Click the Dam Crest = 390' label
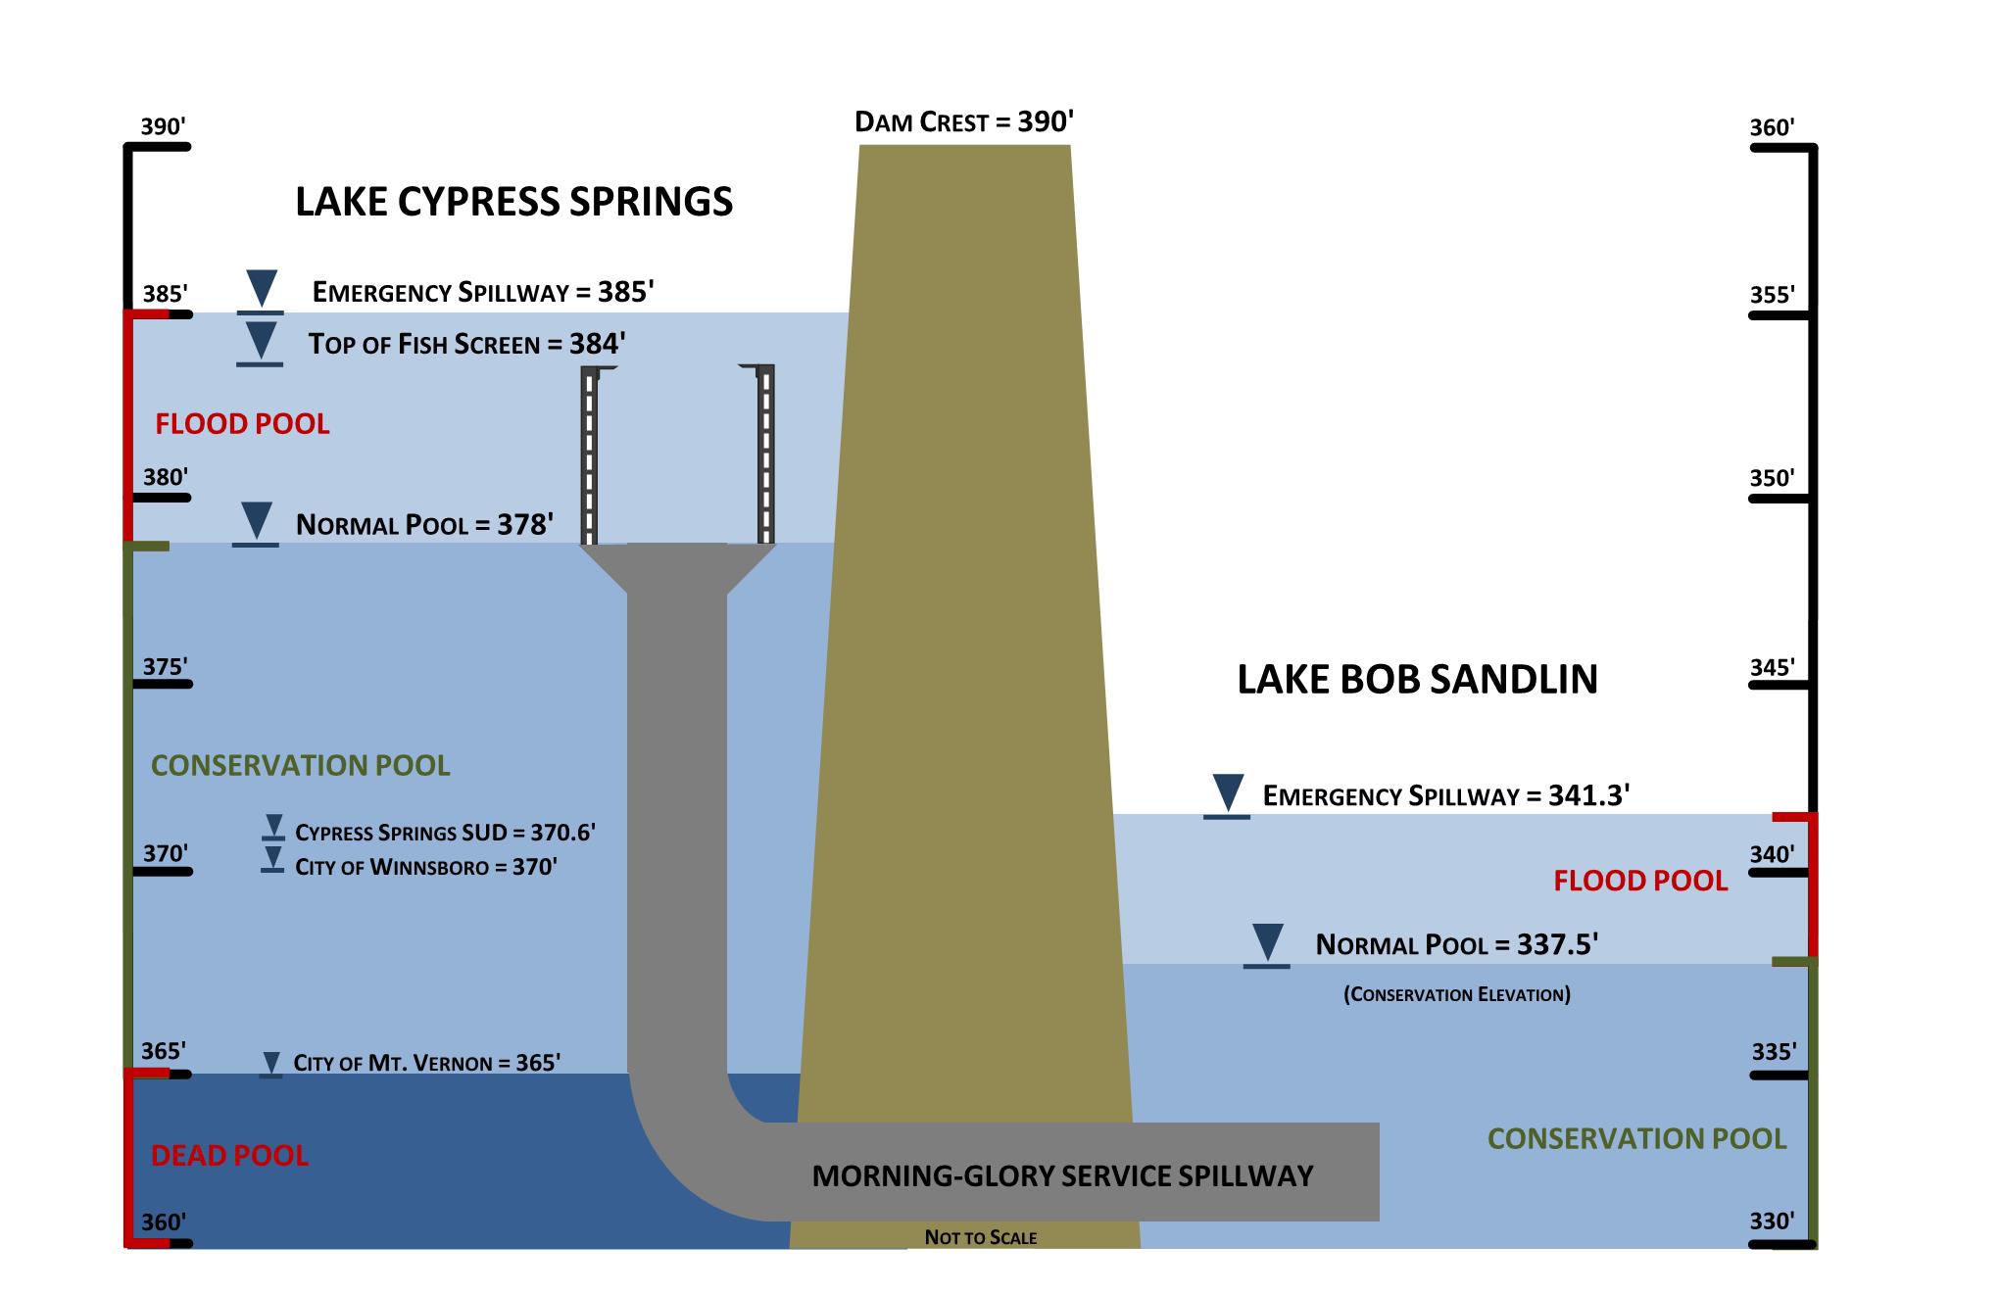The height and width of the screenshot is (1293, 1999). click(964, 122)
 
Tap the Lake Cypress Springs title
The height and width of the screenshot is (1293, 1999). click(513, 202)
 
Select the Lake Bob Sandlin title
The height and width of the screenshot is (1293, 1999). click(1417, 679)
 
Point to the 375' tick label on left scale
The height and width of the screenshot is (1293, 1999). click(165, 667)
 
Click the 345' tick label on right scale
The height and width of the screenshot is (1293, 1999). click(1773, 667)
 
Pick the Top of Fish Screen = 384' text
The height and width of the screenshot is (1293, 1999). click(466, 344)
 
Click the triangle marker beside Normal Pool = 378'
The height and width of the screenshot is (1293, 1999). click(257, 520)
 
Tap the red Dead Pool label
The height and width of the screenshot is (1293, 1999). click(229, 1156)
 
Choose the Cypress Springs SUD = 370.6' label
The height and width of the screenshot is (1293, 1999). click(446, 833)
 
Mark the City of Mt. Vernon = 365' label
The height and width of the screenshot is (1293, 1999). click(426, 1063)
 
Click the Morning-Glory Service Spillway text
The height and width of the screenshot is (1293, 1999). click(1062, 1175)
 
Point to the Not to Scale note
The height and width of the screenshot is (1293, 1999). click(980, 1237)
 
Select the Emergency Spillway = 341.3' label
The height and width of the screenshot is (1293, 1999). click(1445, 795)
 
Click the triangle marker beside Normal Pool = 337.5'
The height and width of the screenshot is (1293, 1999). click(1267, 942)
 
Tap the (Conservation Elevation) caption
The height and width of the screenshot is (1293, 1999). click(1456, 995)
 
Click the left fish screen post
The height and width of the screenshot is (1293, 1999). click(589, 455)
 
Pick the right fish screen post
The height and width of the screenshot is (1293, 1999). click(765, 455)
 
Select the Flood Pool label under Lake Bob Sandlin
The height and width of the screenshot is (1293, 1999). click(1640, 881)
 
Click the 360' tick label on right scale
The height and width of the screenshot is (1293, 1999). click(1773, 127)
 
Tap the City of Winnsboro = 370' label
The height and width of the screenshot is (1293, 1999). click(426, 867)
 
